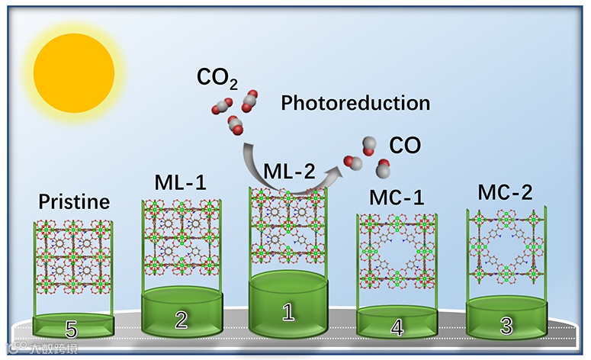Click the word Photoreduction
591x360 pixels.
pos(355,103)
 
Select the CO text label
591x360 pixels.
pos(405,146)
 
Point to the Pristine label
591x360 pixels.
pos(74,203)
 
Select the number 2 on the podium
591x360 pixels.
pos(181,320)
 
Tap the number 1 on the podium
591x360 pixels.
pos(287,311)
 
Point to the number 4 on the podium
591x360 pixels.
pos(397,327)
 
